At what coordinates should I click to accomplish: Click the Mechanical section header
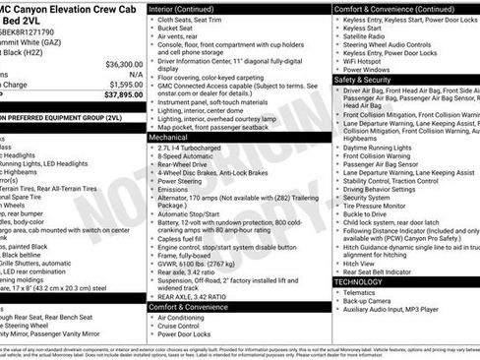pos(168,139)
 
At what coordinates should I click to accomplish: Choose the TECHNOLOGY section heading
pos(358,282)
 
